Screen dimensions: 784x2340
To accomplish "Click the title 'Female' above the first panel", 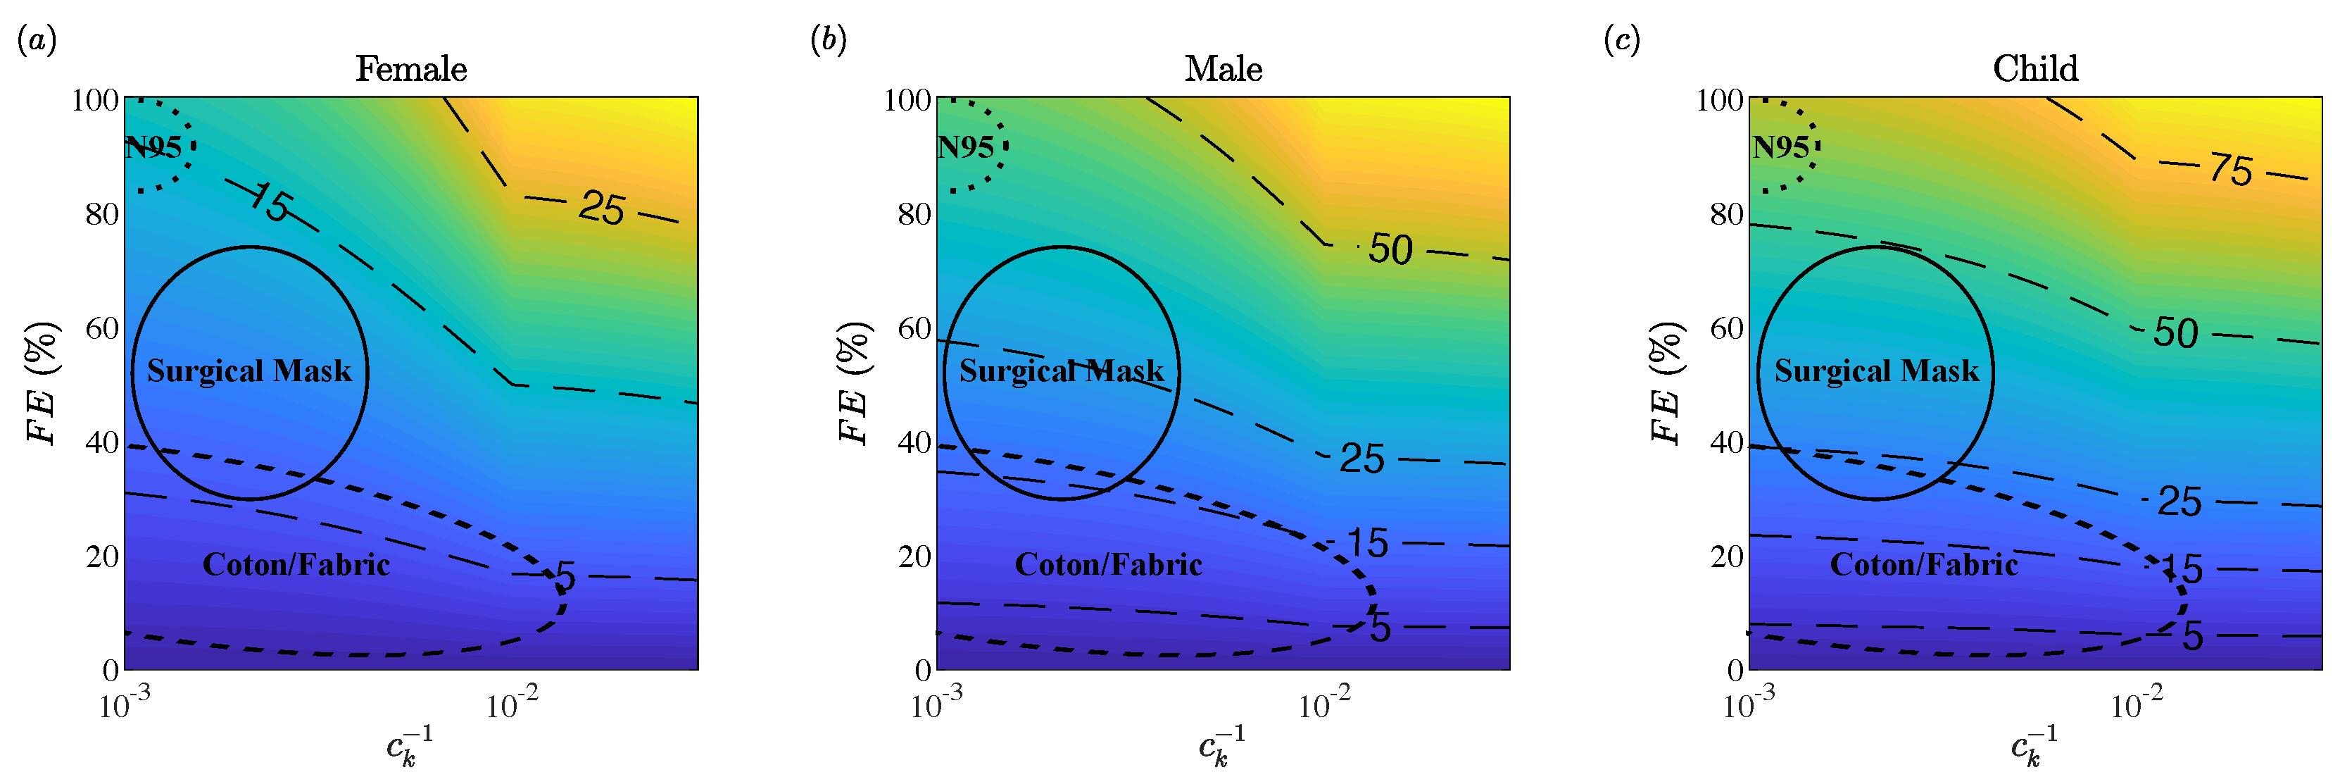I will [x=410, y=69].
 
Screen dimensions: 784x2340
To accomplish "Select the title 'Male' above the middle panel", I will [x=1223, y=69].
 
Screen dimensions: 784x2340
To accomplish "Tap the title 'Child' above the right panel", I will [x=2034, y=69].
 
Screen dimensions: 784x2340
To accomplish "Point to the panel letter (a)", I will [x=37, y=40].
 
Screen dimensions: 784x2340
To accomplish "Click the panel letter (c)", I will [x=1621, y=40].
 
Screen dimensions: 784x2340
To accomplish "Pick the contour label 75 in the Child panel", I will [x=2231, y=170].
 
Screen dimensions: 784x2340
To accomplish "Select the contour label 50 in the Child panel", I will [x=2175, y=333].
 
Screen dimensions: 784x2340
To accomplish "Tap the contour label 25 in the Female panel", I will [x=601, y=209].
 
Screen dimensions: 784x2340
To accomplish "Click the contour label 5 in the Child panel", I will [x=2193, y=636].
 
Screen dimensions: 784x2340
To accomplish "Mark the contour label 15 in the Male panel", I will [x=1366, y=543].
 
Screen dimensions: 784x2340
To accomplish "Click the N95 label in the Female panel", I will [x=153, y=147].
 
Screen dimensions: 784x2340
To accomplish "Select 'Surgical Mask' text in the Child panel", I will [x=1876, y=371].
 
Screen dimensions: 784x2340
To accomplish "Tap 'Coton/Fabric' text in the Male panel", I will [x=1108, y=565].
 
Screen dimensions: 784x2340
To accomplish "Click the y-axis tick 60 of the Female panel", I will [x=102, y=328].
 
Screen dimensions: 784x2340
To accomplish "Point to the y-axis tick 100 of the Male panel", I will [x=907, y=99].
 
